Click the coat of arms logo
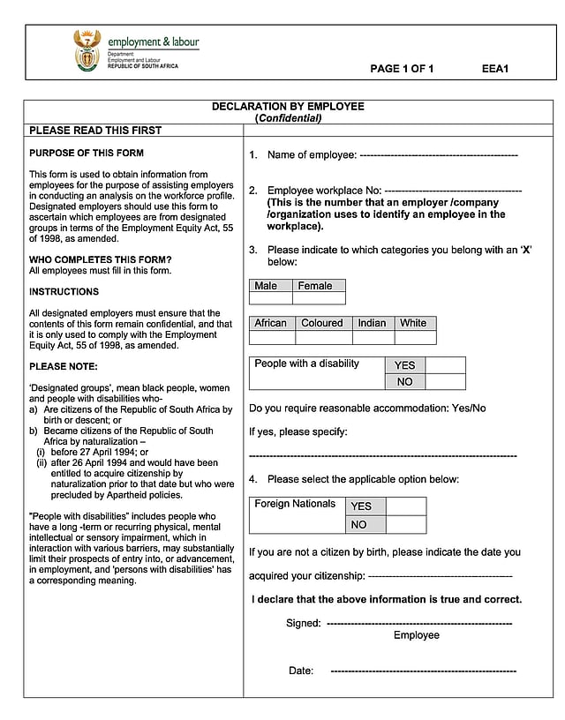click(87, 51)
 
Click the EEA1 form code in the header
click(495, 69)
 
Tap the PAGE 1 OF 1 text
click(402, 69)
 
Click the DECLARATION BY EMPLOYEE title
click(288, 107)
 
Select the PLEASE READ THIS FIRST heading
click(95, 131)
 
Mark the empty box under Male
click(271, 298)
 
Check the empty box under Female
click(319, 298)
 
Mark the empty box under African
click(272, 337)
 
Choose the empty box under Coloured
click(323, 337)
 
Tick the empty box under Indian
click(373, 337)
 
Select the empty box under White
click(415, 337)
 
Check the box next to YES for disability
click(445, 365)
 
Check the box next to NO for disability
click(445, 382)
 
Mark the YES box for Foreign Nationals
click(406, 506)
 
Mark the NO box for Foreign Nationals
click(406, 524)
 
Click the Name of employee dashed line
click(439, 156)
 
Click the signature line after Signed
click(419, 624)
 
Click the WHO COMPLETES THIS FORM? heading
click(101, 259)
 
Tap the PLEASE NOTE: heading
click(64, 366)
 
